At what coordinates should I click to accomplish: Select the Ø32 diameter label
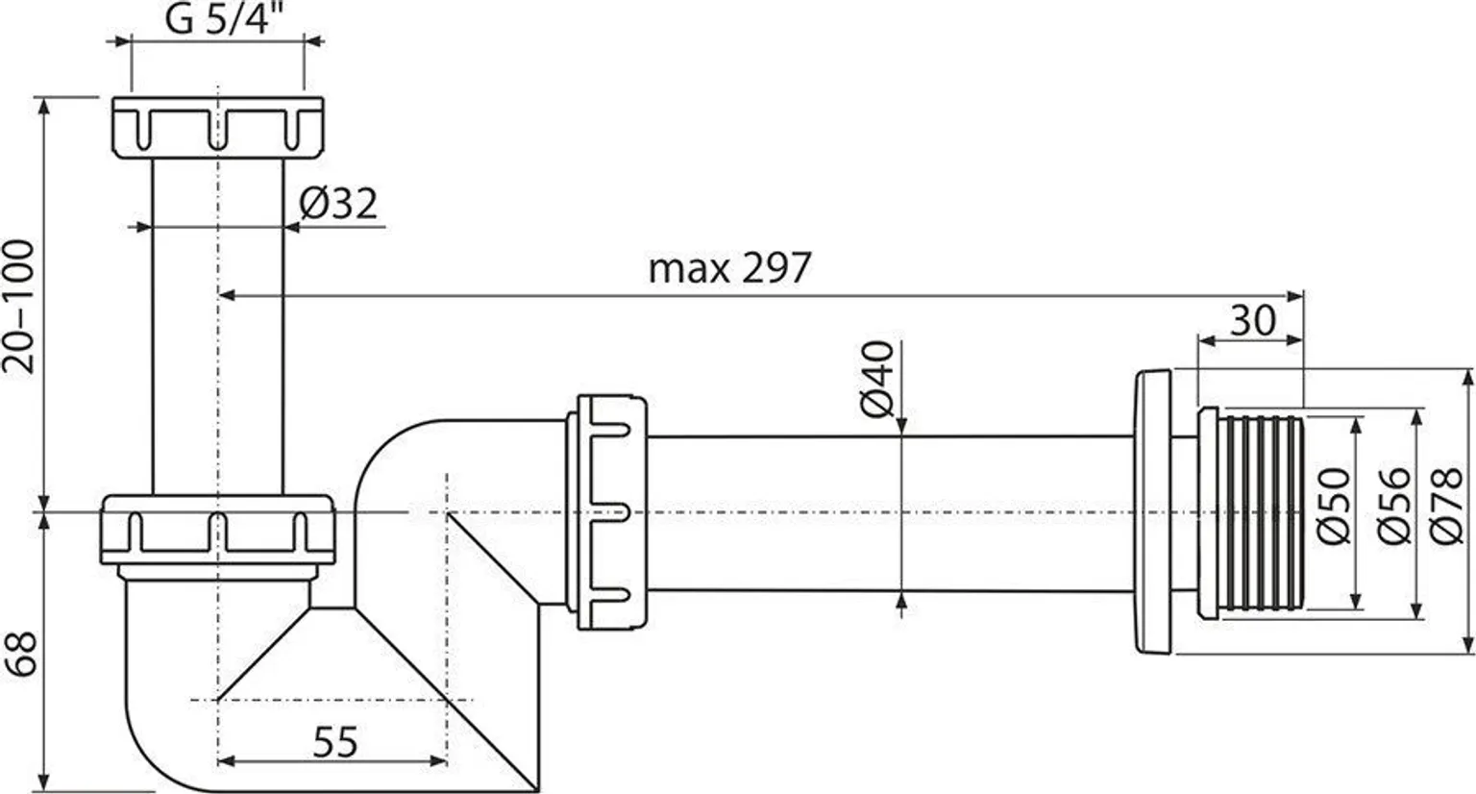(x=337, y=204)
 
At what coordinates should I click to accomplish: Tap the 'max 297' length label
(x=729, y=269)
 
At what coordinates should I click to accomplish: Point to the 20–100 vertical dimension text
(x=20, y=307)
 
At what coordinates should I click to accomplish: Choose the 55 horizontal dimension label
(x=334, y=742)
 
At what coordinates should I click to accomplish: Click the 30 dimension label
(x=1252, y=321)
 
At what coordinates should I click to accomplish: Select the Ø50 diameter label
(x=1335, y=507)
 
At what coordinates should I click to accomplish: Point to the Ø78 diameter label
(x=1451, y=507)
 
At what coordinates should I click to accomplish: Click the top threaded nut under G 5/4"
(x=219, y=127)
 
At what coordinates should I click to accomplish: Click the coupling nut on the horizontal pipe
(x=611, y=511)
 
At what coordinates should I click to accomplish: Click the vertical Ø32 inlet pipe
(x=218, y=327)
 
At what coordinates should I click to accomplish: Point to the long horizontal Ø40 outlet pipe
(x=884, y=512)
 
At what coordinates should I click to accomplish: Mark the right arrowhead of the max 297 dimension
(x=1297, y=295)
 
